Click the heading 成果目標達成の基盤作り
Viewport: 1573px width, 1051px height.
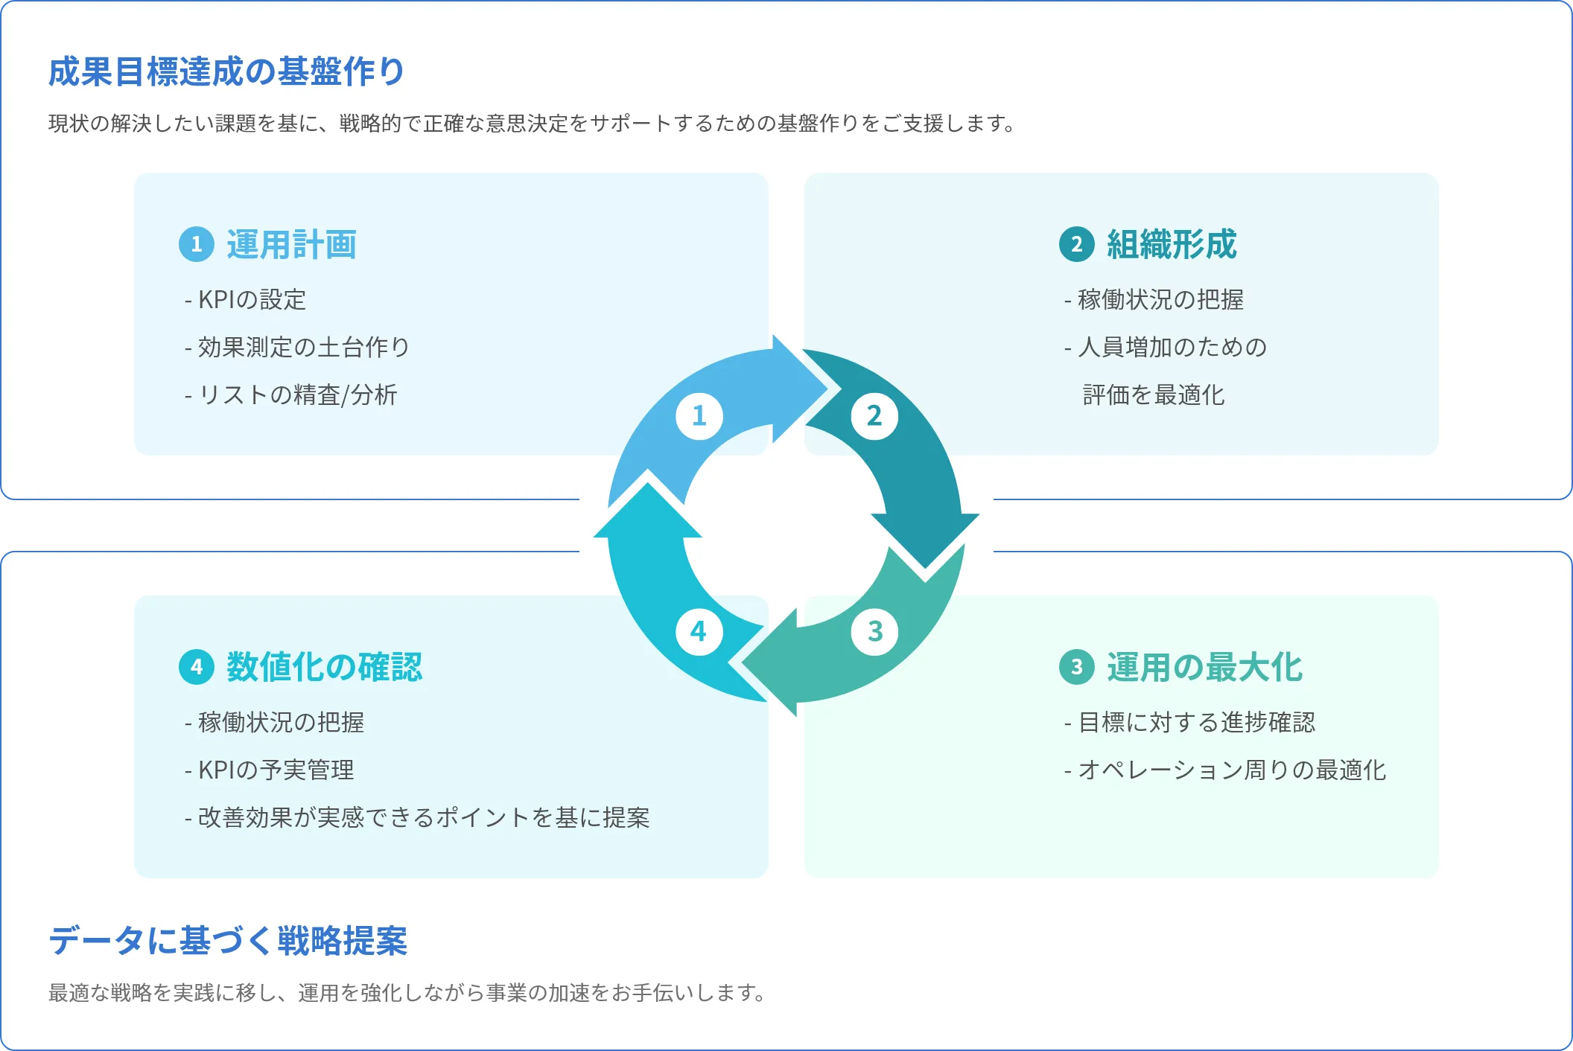pos(226,72)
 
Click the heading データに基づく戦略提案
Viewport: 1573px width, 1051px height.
pos(228,941)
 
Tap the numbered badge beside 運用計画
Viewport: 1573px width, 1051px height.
pos(197,244)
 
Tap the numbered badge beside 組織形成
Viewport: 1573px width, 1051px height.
pos(1076,244)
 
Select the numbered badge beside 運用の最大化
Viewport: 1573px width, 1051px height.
pos(1076,666)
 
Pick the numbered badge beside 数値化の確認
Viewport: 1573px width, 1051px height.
pos(197,666)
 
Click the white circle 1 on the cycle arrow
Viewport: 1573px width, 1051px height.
pos(699,416)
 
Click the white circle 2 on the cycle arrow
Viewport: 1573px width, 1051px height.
pos(874,416)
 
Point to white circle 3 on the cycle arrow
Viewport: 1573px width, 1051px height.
pos(874,632)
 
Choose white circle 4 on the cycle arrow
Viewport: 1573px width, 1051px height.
pos(699,632)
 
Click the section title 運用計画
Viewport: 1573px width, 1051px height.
pos(291,245)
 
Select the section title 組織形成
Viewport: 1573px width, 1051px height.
pos(1172,245)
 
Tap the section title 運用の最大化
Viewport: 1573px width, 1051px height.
pos(1204,667)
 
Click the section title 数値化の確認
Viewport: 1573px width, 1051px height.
pos(324,667)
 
